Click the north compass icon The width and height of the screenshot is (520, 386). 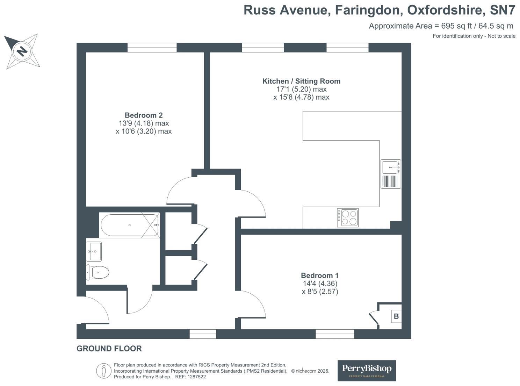click(22, 51)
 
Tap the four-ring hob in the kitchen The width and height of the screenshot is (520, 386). click(348, 217)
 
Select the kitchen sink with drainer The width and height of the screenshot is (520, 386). click(391, 174)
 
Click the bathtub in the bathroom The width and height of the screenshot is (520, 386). click(130, 225)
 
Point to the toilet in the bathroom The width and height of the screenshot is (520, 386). click(98, 272)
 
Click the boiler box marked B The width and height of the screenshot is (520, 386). click(396, 316)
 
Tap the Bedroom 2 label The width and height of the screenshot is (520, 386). click(144, 115)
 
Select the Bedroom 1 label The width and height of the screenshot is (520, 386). click(320, 276)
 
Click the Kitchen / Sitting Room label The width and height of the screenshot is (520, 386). click(301, 81)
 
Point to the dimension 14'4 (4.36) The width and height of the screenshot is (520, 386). click(320, 284)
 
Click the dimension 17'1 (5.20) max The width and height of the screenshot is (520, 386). click(301, 89)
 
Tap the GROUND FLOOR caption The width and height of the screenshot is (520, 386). click(109, 349)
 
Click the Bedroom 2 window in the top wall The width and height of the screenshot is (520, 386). click(152, 48)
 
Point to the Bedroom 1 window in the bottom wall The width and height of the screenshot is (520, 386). click(335, 334)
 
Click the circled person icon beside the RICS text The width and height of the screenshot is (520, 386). click(104, 371)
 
